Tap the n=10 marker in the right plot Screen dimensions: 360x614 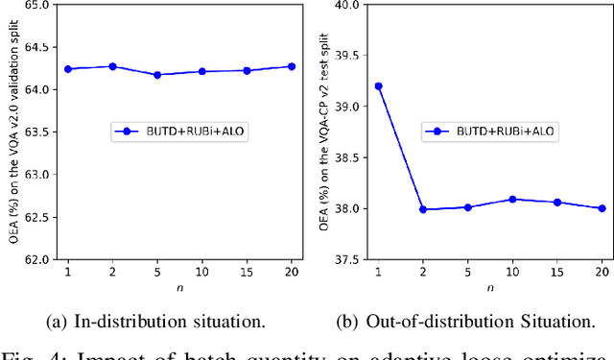point(512,200)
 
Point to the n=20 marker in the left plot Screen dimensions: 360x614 point(292,66)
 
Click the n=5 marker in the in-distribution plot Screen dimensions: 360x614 point(157,74)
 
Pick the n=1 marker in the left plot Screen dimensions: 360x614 point(67,69)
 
